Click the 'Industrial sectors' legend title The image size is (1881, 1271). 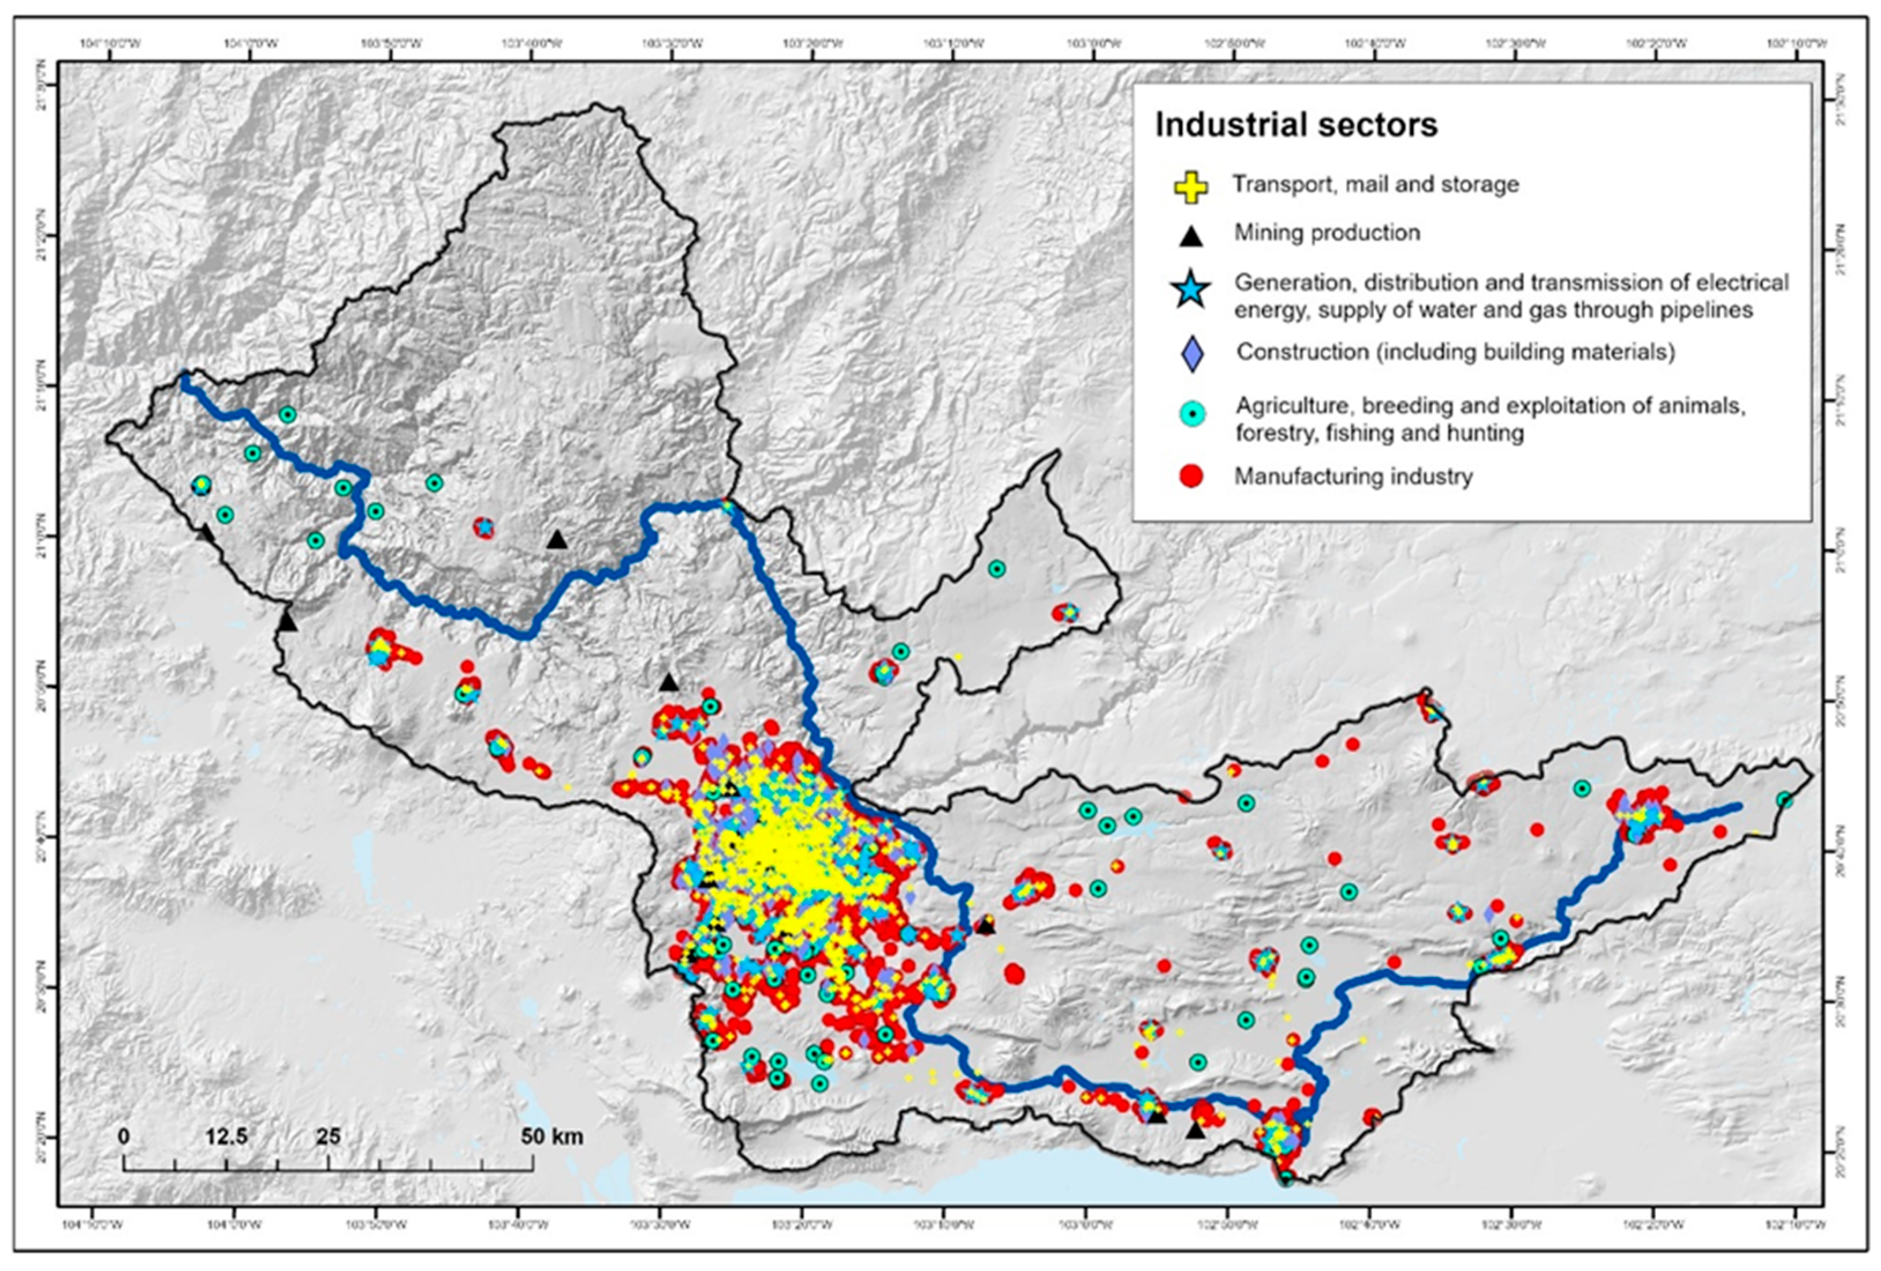1296,125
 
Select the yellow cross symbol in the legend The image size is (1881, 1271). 1191,186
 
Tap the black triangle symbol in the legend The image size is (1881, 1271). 1191,236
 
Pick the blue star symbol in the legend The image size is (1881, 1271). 1191,291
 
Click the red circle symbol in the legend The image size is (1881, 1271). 1191,476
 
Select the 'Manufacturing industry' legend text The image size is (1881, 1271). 1353,476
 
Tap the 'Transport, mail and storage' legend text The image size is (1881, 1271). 1375,184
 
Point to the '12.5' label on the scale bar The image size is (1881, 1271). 226,1136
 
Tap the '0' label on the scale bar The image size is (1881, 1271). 123,1136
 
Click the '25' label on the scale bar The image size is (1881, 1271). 328,1136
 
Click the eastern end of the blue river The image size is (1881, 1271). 1738,807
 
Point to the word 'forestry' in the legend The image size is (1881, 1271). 1267,433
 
